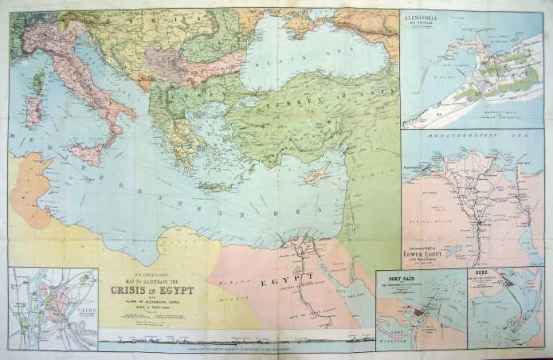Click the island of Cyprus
pyautogui.click(x=316, y=173)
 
